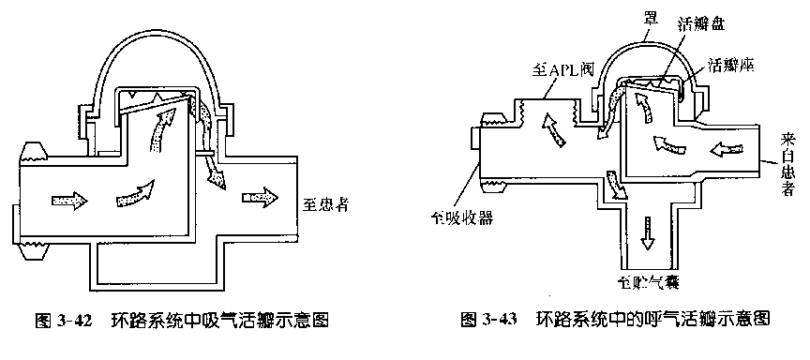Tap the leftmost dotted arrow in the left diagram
pos(69,201)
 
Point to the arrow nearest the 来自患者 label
pos(732,149)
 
